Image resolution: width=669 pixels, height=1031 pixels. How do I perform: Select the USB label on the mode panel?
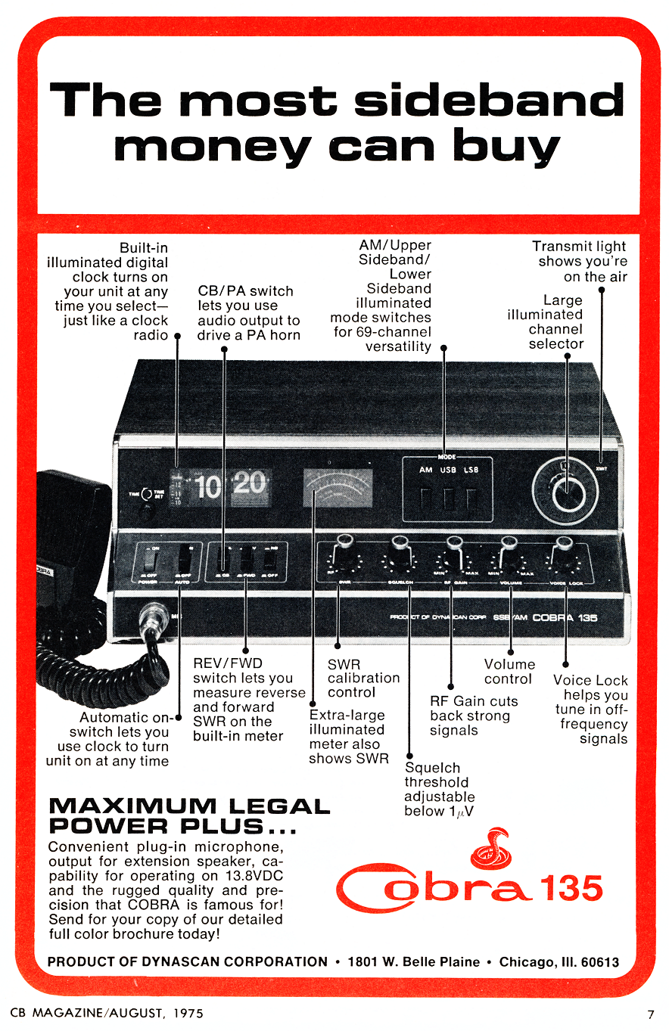[448, 470]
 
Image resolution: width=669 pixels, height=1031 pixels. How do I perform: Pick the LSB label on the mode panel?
[471, 470]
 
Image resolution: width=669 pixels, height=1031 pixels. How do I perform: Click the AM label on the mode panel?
[425, 470]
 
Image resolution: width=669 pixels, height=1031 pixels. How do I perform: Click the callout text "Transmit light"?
[579, 246]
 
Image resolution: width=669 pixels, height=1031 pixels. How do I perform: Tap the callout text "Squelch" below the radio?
[431, 768]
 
